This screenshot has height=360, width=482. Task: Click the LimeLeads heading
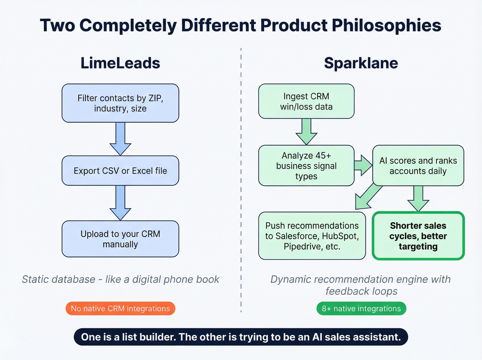120,63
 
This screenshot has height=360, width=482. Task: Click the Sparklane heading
361,63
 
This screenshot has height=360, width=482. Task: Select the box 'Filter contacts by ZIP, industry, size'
120,103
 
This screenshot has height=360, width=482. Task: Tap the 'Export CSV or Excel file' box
120,171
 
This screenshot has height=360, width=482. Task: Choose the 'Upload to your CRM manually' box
120,239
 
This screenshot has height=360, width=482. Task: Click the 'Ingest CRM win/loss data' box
306,101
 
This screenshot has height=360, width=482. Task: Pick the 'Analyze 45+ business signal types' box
306,166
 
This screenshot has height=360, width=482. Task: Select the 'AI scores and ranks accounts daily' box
418,166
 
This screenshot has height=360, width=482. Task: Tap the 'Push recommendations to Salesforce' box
312,236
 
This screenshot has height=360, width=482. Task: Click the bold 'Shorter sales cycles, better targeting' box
418,236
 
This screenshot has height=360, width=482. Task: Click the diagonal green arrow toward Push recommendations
368,196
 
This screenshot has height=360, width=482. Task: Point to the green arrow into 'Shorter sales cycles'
418,198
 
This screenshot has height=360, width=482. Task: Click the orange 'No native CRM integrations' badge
120,309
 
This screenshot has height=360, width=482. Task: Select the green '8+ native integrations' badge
361,309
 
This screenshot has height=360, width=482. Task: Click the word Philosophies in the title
386,25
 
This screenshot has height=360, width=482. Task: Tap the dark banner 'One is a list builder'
241,337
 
